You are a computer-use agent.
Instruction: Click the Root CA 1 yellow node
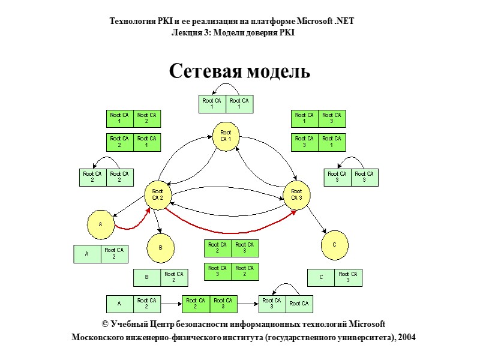226,136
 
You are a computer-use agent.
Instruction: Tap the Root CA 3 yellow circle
297,195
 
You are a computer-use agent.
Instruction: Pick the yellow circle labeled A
101,224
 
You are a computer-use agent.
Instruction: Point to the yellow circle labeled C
334,245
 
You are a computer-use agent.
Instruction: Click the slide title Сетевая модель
239,71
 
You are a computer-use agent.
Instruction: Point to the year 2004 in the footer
406,338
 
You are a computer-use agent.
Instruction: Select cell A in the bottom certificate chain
119,304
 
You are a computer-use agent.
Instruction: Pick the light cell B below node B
146,278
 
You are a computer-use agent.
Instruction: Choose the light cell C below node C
321,277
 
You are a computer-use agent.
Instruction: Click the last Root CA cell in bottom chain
299,304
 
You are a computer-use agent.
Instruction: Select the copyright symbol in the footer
105,325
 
